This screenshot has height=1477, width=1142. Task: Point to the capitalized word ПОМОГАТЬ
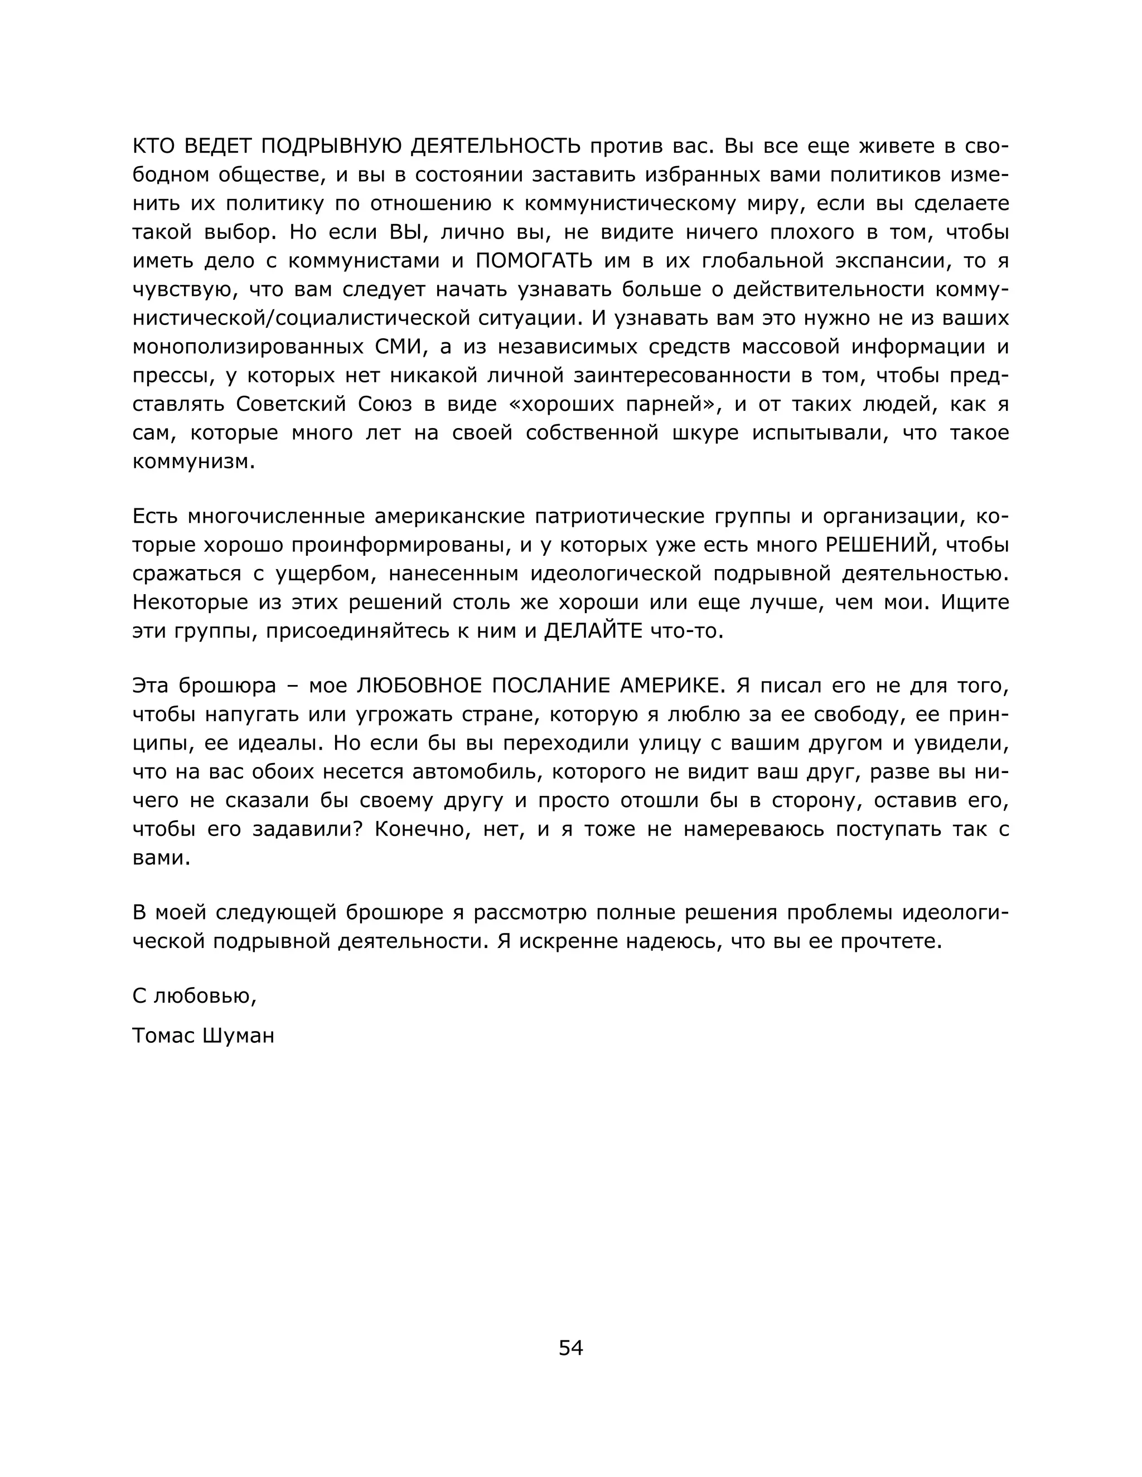tap(534, 260)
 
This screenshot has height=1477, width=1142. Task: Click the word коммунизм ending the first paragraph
tap(193, 461)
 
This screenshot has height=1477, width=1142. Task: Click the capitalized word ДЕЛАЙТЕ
tap(593, 631)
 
